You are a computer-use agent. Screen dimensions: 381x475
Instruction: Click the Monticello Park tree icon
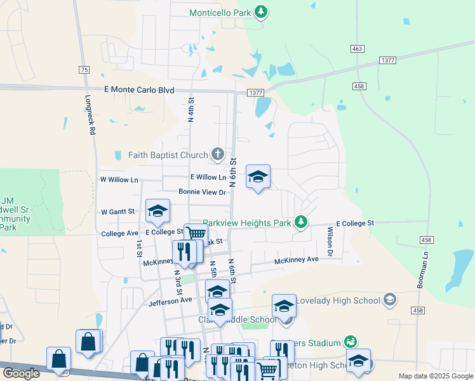[260, 11]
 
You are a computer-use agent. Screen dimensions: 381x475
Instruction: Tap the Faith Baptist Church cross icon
[218, 154]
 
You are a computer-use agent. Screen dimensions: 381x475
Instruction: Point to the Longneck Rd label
[91, 115]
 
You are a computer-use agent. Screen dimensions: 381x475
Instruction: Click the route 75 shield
[84, 70]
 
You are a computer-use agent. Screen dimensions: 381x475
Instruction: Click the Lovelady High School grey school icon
[389, 298]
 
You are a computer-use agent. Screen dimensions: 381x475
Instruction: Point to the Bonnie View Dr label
[202, 192]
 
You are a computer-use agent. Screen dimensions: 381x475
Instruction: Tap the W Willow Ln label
[119, 180]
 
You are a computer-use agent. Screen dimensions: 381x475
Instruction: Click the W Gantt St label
[118, 211]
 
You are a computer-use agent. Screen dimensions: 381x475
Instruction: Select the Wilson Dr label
[330, 241]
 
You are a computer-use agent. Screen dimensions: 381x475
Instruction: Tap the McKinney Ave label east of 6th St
[296, 260]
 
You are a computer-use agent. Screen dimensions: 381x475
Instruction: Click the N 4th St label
[191, 109]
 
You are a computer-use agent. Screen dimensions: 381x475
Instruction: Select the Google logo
[21, 373]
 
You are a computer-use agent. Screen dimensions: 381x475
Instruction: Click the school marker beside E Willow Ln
[258, 177]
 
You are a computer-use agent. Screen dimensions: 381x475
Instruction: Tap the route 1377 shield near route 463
[389, 60]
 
